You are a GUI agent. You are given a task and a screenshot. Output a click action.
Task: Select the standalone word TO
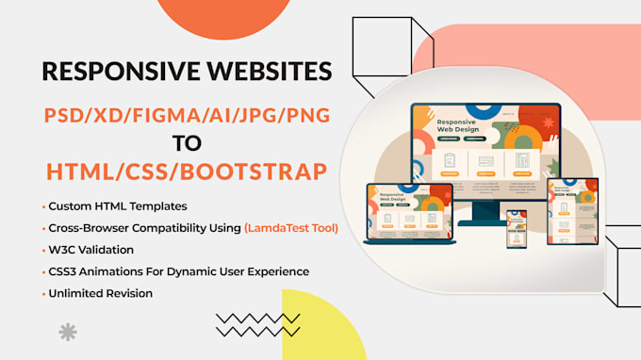pyautogui.click(x=185, y=144)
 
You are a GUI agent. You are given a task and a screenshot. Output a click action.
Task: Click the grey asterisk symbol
pyautogui.click(x=68, y=332)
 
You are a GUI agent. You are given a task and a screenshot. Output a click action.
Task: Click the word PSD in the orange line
pyautogui.click(x=65, y=115)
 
